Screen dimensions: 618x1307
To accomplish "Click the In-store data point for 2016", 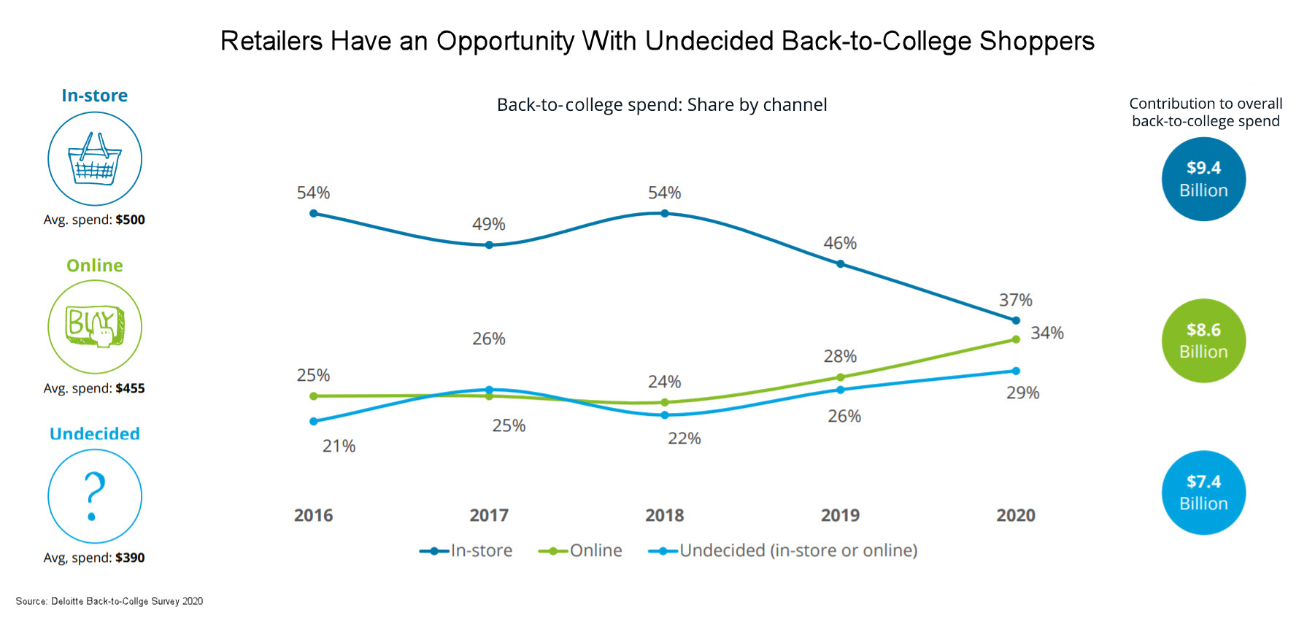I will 314,214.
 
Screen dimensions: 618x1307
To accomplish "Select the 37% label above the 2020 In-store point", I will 1015,300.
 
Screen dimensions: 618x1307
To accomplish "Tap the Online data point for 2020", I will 1016,339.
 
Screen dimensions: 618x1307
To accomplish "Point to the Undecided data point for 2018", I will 664,415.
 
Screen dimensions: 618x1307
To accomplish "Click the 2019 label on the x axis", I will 840,515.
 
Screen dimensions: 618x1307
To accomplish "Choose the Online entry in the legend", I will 581,551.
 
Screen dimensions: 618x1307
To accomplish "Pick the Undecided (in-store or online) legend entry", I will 784,551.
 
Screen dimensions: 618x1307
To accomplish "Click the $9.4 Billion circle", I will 1203,179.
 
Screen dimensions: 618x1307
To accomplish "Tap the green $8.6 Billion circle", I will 1203,341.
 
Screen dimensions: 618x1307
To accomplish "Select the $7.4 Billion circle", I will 1203,493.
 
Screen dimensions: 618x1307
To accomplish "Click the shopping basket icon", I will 95,159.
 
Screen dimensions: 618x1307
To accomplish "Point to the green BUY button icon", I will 95,326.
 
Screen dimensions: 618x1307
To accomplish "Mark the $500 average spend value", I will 130,220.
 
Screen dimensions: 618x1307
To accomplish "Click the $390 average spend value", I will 130,558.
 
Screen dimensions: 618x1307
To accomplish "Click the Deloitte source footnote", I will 109,601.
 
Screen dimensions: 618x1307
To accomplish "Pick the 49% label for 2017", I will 488,225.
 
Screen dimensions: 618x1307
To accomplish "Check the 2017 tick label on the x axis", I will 488,515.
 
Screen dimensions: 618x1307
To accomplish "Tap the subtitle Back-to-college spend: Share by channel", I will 661,105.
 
